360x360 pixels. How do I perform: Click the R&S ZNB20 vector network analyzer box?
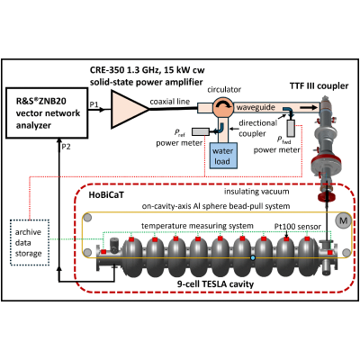point(47,112)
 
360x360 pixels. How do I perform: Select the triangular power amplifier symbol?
point(129,110)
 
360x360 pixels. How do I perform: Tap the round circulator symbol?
point(223,107)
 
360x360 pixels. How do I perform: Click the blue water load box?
point(222,156)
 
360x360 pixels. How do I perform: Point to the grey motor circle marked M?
point(343,221)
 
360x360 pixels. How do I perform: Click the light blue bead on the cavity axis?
point(253,257)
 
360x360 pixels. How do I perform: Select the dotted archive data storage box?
point(30,243)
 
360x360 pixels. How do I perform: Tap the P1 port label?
point(94,104)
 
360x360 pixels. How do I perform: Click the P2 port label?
point(66,147)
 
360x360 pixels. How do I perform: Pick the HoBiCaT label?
point(106,195)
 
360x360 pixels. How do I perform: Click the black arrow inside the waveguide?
point(310,107)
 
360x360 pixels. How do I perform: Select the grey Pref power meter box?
point(201,131)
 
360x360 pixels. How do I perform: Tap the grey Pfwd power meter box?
point(291,128)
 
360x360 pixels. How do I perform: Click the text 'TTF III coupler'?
point(319,86)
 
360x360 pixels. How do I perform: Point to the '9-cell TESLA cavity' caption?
point(215,283)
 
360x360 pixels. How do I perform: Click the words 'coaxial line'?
point(170,102)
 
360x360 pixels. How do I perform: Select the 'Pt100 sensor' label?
point(298,227)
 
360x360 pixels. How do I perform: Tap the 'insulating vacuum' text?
point(256,192)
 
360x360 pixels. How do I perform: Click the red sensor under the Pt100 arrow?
point(286,239)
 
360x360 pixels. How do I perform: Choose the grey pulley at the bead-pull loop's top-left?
point(87,218)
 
